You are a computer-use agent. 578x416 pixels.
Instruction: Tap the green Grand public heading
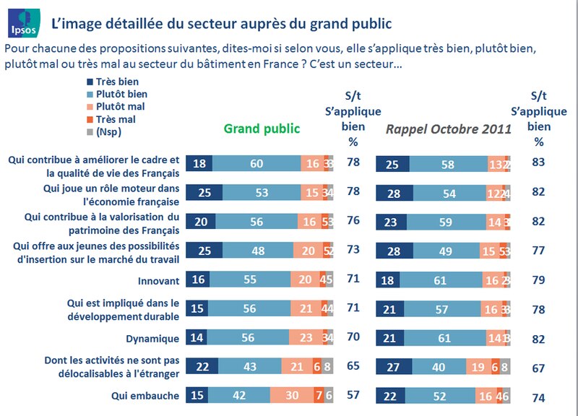[x=261, y=129]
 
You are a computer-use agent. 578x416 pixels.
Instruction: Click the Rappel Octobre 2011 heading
[x=448, y=129]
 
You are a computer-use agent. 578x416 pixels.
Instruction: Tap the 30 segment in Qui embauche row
[x=311, y=396]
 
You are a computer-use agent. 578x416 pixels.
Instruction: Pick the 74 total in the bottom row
[x=538, y=396]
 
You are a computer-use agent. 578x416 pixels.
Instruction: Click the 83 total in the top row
[x=538, y=163]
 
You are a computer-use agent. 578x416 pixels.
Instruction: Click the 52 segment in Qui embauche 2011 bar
[x=442, y=396]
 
